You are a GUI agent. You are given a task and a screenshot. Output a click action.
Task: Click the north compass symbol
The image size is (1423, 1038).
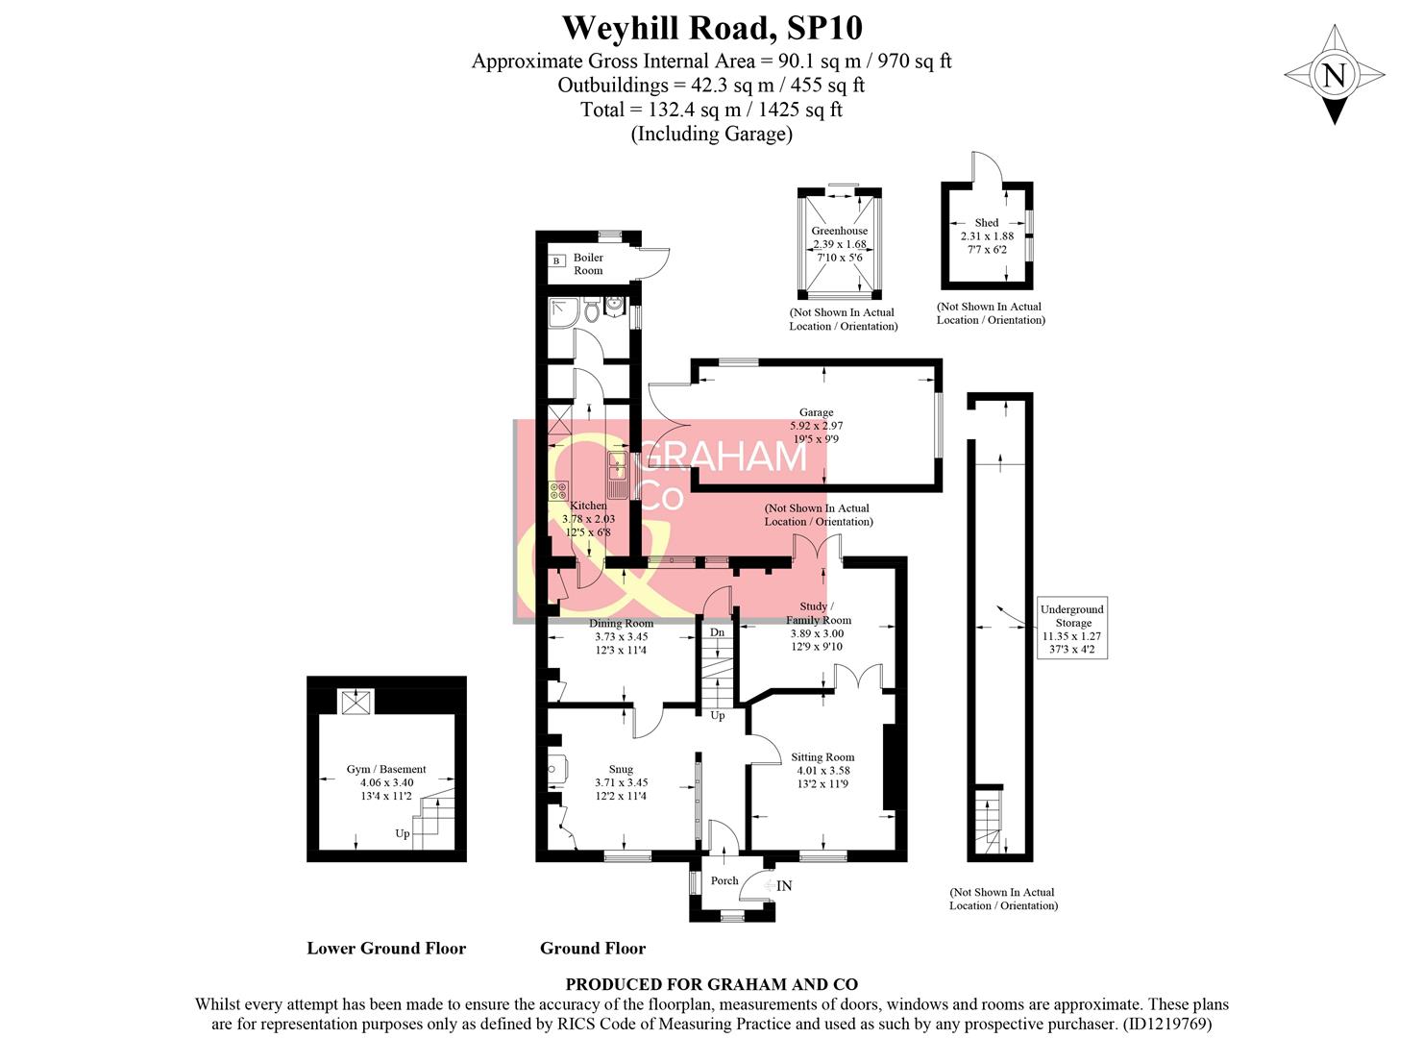(1334, 75)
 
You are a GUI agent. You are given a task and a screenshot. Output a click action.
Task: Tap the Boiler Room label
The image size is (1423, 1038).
(588, 264)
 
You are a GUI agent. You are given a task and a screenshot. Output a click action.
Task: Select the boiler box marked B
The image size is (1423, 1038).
(556, 260)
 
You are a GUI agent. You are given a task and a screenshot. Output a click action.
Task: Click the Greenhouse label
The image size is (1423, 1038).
(839, 231)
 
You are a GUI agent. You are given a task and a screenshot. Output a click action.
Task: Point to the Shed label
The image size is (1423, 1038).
(986, 223)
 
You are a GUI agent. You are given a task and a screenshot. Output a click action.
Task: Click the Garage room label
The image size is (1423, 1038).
(816, 412)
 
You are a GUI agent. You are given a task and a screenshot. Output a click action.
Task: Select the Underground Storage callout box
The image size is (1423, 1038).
(1071, 630)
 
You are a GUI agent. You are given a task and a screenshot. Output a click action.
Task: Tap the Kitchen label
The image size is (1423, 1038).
(588, 506)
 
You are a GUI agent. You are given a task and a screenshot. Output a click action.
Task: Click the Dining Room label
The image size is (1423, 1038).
(621, 623)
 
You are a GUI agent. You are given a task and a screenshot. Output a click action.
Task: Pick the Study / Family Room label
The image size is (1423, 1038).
(818, 613)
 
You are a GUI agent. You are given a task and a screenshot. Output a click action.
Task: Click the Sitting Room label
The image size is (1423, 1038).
(822, 757)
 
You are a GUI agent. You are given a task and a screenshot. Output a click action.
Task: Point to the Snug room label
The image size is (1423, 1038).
(621, 769)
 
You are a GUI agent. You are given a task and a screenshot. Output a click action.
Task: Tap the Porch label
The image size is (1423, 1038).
(724, 880)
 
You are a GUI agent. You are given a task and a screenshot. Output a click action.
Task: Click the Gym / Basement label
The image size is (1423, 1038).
(386, 769)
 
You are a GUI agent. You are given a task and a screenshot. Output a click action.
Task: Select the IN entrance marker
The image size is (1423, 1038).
(784, 885)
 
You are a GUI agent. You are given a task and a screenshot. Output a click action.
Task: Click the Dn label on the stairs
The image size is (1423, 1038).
(717, 632)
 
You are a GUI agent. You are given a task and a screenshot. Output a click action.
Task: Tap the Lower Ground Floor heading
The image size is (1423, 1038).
(386, 949)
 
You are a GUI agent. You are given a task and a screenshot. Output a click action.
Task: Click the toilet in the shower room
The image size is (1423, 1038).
(592, 312)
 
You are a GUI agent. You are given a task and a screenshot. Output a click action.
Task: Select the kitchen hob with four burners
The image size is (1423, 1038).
(558, 490)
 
